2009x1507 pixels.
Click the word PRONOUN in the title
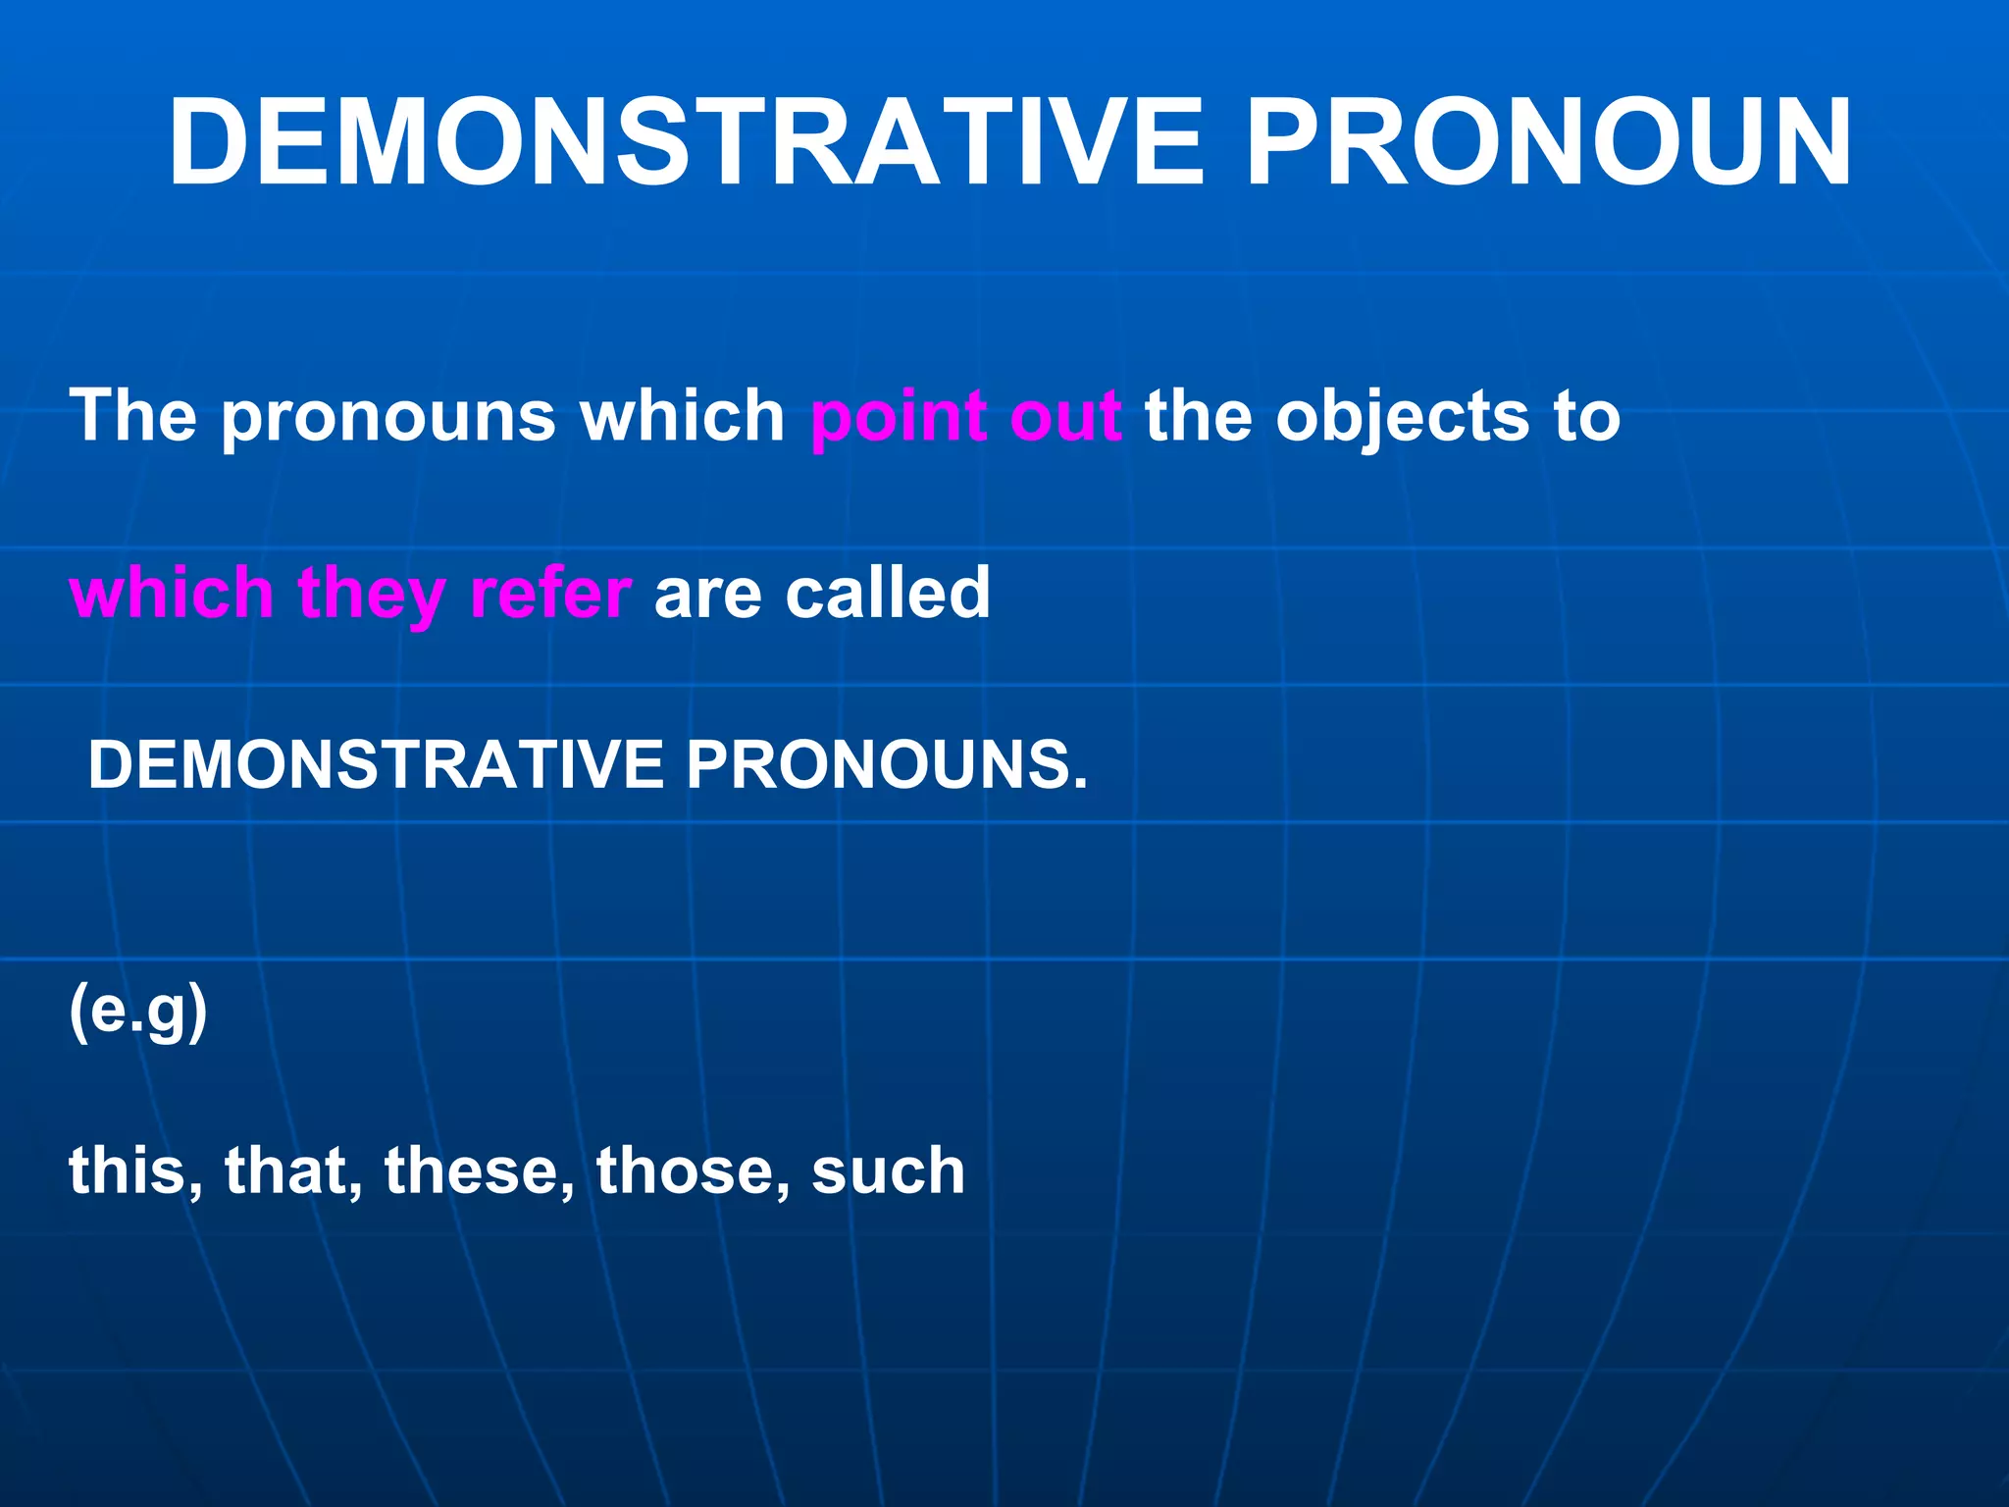pyautogui.click(x=1549, y=144)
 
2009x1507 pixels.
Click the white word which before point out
pyautogui.click(x=682, y=416)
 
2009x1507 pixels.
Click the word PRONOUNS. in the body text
pyautogui.click(x=887, y=764)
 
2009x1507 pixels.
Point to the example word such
pyautogui.click(x=888, y=1171)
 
